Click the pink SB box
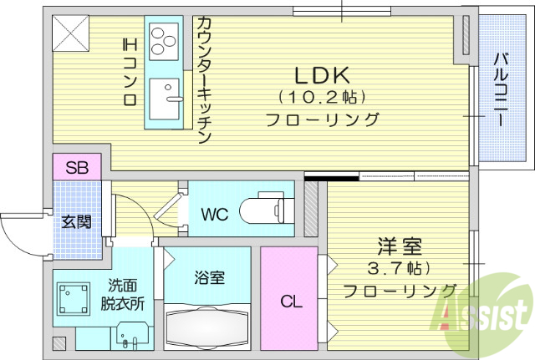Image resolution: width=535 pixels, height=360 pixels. [x=77, y=166]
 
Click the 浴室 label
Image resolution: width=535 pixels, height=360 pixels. [x=207, y=277]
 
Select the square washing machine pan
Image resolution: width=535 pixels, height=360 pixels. [x=74, y=299]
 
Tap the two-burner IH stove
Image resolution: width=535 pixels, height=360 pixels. [x=164, y=38]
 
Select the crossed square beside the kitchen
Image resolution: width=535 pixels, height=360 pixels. [x=72, y=33]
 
